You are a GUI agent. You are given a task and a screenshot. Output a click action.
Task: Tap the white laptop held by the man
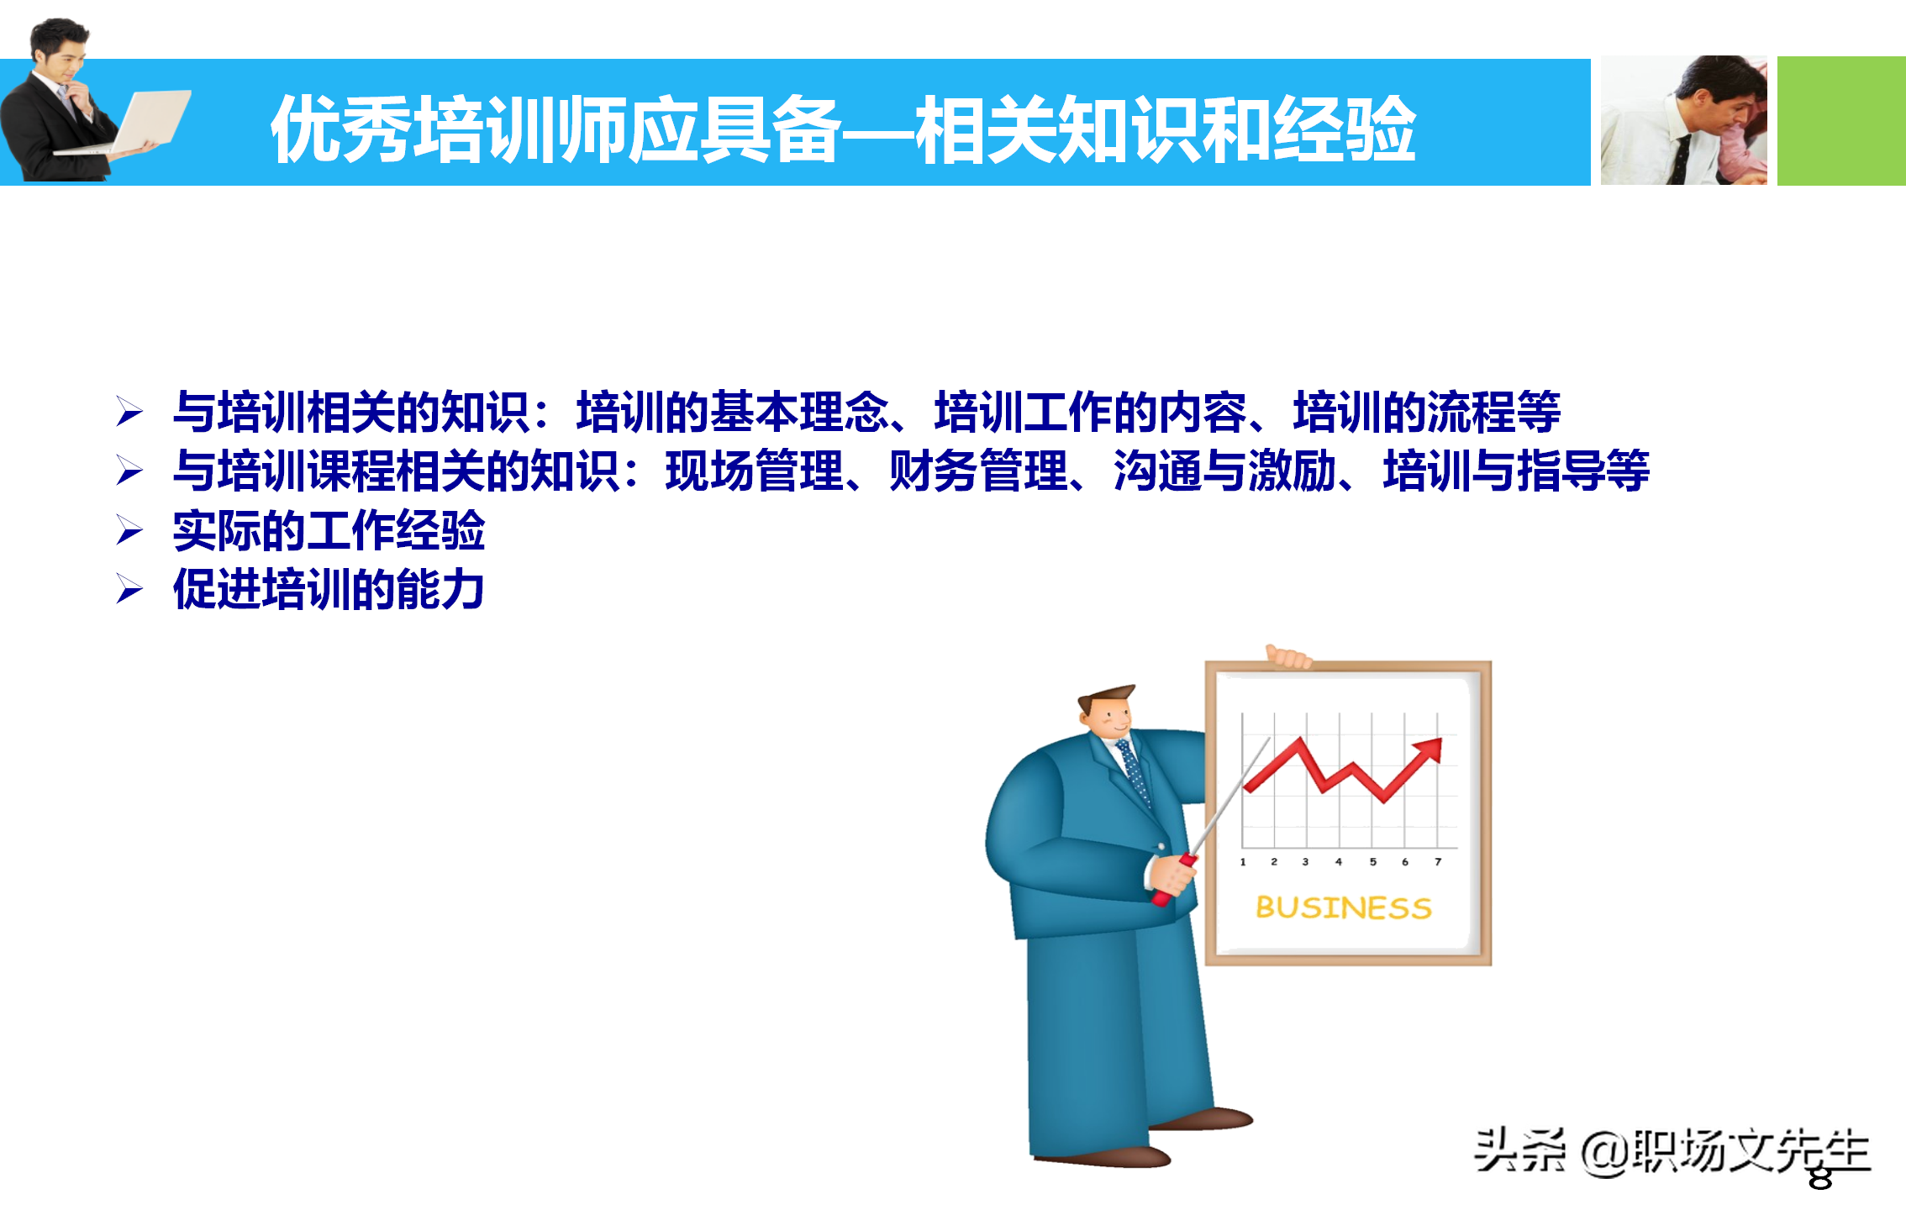(151, 121)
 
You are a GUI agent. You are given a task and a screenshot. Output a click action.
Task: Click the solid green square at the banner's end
(1840, 121)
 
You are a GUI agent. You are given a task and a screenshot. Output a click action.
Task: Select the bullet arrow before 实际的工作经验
(129, 531)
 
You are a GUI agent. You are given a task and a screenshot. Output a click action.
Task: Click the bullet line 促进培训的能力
(329, 589)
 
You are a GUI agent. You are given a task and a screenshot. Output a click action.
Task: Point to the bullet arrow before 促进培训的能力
(129, 589)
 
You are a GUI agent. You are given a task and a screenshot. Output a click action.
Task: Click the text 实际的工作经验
(329, 531)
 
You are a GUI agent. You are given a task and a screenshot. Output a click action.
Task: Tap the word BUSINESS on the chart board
(1343, 907)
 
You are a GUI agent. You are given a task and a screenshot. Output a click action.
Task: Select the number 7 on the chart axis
(1438, 862)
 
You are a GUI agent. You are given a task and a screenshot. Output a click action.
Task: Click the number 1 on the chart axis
(1243, 862)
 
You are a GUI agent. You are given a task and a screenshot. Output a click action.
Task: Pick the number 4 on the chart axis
(1339, 862)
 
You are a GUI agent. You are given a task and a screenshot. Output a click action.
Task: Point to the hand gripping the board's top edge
(1288, 656)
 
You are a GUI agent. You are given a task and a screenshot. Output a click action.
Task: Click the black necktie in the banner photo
(1681, 160)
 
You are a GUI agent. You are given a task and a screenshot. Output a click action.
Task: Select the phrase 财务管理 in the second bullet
(978, 471)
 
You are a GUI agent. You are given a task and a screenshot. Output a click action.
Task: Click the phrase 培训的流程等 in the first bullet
(1427, 413)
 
